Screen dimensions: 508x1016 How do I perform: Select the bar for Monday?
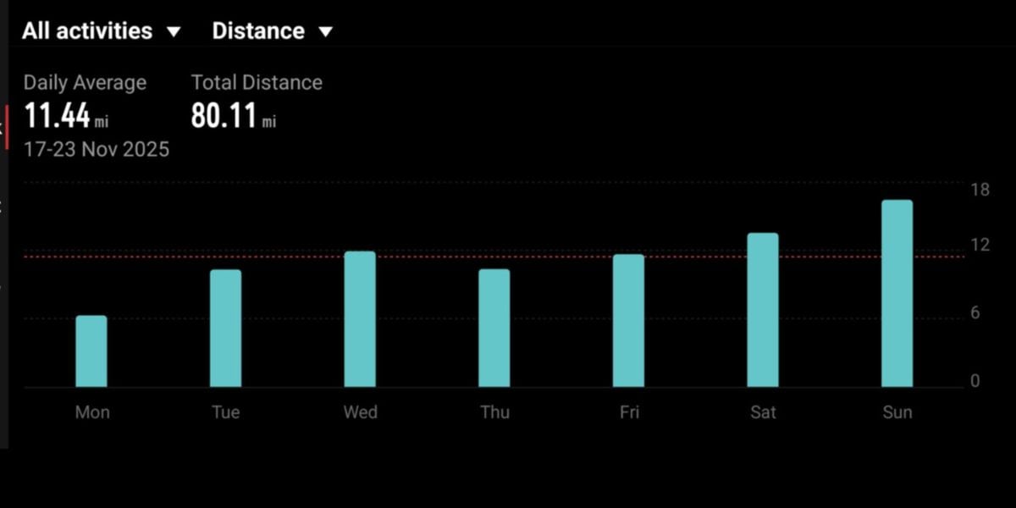point(91,351)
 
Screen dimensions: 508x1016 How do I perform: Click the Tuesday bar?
point(226,329)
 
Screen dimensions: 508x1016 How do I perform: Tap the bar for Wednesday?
point(360,319)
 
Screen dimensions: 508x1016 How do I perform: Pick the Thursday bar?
point(494,329)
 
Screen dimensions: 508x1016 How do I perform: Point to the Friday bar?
point(629,321)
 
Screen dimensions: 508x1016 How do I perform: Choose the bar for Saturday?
point(763,310)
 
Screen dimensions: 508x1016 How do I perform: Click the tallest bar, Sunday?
point(897,294)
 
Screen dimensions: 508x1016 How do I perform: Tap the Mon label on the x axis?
point(92,412)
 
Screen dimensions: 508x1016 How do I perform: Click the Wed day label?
point(360,412)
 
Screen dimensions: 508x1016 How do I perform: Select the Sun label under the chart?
point(897,412)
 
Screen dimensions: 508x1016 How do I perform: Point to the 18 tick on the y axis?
point(980,189)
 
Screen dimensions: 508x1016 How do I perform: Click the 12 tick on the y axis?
point(980,246)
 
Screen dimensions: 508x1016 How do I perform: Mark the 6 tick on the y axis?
point(975,313)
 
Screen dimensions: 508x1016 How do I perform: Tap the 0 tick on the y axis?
point(975,381)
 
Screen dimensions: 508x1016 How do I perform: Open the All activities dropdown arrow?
point(174,32)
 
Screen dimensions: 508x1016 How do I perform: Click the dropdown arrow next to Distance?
point(325,32)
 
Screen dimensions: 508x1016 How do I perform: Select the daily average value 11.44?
point(57,116)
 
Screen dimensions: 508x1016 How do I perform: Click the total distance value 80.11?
point(224,116)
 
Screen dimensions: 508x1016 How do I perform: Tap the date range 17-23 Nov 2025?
point(97,150)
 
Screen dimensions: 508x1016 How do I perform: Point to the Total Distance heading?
point(257,83)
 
